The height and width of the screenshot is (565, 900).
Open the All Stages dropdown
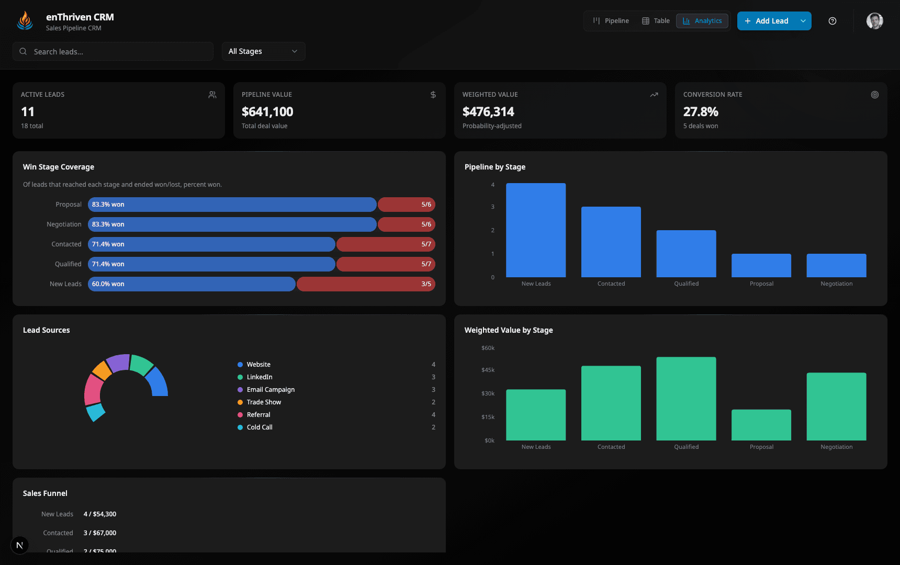tap(263, 51)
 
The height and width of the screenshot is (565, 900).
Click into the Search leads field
tap(113, 51)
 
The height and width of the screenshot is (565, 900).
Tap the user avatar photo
tap(874, 21)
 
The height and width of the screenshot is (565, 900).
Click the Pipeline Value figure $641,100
tap(267, 111)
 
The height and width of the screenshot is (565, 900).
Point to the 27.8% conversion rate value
tap(701, 111)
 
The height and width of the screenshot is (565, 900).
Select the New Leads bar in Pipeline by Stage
tap(536, 230)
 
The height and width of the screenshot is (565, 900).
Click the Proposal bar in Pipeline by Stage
tap(761, 265)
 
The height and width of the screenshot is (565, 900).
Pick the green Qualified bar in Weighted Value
tap(686, 399)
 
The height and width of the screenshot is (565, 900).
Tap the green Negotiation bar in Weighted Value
tap(836, 406)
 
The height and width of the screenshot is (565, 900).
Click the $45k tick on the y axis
tap(488, 370)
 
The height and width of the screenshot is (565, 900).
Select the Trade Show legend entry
tap(264, 402)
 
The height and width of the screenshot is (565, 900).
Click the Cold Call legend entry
tap(260, 427)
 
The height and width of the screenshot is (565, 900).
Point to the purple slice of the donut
tap(118, 363)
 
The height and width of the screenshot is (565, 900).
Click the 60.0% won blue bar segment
tap(192, 284)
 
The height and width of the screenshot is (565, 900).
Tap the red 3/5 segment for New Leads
tap(366, 284)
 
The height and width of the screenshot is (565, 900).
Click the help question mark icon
tap(833, 21)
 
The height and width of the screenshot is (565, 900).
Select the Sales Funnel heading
tap(45, 493)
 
